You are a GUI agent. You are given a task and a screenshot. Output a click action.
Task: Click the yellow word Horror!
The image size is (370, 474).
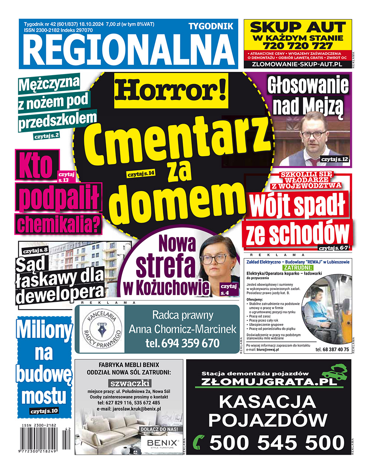point(171,90)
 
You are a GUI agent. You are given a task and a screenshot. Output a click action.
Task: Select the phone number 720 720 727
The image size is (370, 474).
point(297,46)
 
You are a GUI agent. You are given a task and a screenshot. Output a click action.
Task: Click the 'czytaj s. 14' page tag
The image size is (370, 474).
point(141,174)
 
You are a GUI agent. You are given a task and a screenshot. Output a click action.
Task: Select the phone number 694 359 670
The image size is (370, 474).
point(182,343)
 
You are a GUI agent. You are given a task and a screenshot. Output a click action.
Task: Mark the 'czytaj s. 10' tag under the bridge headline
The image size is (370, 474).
point(44,411)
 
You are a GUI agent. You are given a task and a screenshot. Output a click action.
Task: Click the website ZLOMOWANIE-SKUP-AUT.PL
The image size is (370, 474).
point(296,64)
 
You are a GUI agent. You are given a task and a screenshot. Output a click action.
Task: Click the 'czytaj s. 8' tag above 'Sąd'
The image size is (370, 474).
point(35,251)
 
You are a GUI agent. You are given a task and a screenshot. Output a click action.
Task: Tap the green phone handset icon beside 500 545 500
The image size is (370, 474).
point(199,442)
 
